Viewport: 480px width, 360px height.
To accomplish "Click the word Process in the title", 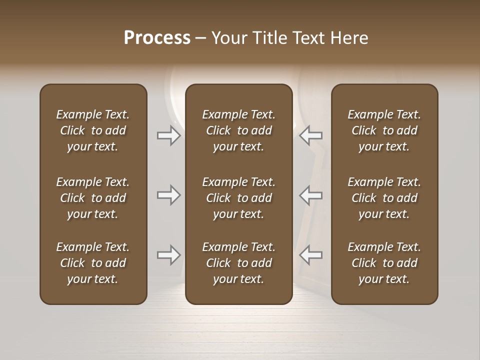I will (x=157, y=38).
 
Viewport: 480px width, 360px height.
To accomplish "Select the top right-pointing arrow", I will (x=168, y=135).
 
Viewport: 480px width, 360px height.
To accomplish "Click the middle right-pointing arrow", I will (x=168, y=195).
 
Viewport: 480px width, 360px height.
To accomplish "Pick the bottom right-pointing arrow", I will (x=168, y=255).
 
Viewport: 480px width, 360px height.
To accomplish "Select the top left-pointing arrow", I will (x=311, y=135).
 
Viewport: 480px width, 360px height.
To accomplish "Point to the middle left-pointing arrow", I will (x=311, y=195).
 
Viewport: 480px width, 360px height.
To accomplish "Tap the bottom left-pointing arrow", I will (x=311, y=255).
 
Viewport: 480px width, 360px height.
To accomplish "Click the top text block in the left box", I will (x=93, y=130).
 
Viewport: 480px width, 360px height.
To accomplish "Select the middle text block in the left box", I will (x=93, y=198).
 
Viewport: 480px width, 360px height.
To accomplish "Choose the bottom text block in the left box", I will (x=93, y=263).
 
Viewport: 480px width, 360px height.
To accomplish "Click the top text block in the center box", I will (x=238, y=130).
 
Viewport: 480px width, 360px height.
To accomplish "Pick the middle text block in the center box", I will (x=238, y=198).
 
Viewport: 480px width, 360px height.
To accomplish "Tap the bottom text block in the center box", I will (x=238, y=263).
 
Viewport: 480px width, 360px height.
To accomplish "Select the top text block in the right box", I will (x=384, y=130).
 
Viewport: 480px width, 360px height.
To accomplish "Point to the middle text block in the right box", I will (x=384, y=198).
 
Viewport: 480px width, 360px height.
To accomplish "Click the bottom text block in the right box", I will (x=384, y=263).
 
